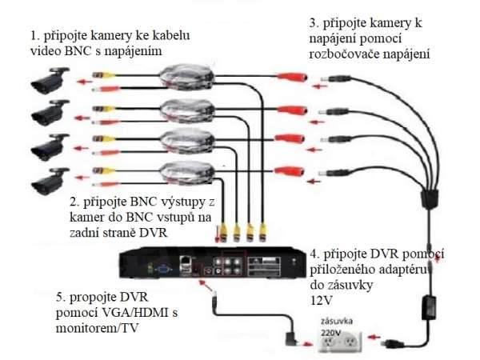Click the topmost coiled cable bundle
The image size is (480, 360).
pos(182,78)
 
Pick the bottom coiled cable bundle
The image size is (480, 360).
pos(182,170)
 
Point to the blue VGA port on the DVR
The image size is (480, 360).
pos(161,270)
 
